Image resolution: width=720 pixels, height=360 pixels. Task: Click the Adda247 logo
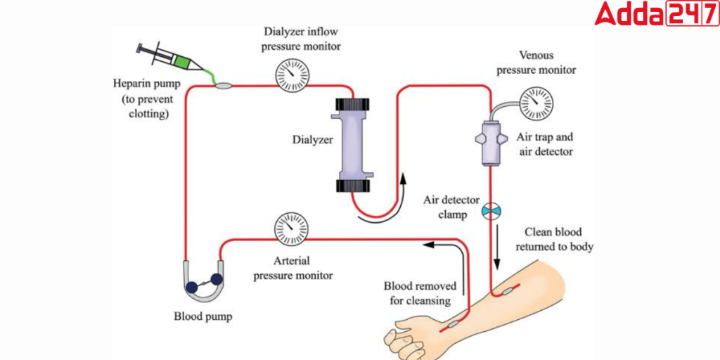pos(655,14)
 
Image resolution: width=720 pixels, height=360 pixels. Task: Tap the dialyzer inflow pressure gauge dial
pos(290,75)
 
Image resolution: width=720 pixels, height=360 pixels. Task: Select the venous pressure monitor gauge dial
pos(536,103)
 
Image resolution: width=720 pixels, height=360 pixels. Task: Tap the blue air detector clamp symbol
pos(491,210)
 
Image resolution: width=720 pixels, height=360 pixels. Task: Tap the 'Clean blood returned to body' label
pos(555,239)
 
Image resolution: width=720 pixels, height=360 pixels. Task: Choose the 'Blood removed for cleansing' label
pos(420,293)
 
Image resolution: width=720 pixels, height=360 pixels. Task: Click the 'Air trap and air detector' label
pos(545,145)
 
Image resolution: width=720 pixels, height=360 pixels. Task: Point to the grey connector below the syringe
pos(224,86)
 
